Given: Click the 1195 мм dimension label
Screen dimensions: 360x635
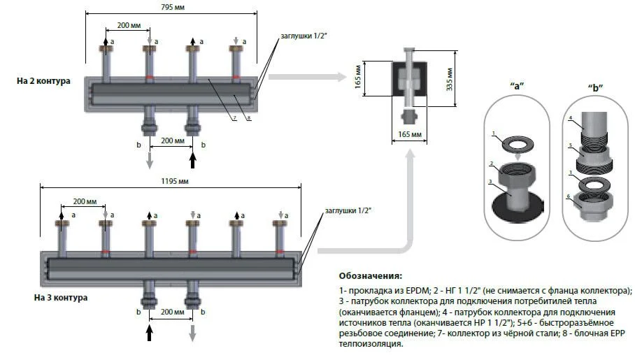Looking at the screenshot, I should pyautogui.click(x=173, y=180).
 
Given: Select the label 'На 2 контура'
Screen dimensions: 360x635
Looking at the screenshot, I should pyautogui.click(x=44, y=81).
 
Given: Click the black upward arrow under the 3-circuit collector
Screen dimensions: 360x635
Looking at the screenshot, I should pyautogui.click(x=149, y=329).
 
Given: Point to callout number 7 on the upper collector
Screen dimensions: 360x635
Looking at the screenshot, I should pyautogui.click(x=235, y=118).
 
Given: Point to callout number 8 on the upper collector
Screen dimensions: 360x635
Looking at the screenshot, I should pyautogui.click(x=249, y=118).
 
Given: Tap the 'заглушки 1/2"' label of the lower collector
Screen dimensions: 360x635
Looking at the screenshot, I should pyautogui.click(x=347, y=210).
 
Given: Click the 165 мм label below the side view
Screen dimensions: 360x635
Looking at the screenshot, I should pyautogui.click(x=405, y=134).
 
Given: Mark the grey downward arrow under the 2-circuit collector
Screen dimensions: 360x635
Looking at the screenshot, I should pyautogui.click(x=149, y=159).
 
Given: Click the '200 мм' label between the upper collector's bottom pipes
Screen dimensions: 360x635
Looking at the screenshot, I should pyautogui.click(x=171, y=140).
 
